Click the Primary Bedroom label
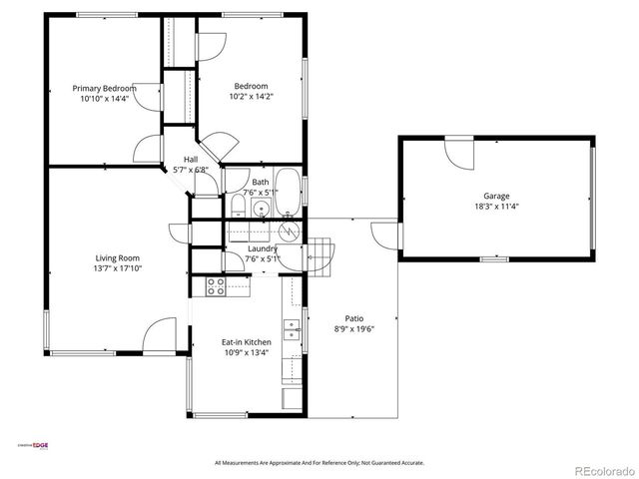105,88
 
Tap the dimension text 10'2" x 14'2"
252,97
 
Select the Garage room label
496,196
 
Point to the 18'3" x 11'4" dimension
496,207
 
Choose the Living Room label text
117,257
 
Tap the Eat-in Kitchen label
246,342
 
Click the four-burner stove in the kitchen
216,286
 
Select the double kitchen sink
291,329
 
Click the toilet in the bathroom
238,207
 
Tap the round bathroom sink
261,209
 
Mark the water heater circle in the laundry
290,232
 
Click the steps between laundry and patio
319,255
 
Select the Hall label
190,160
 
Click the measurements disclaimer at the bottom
319,463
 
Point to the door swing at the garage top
459,152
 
